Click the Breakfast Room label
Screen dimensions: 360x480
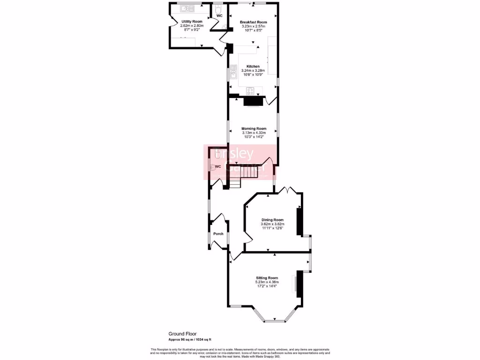[253, 22]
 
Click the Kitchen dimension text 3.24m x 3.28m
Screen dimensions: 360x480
[253, 70]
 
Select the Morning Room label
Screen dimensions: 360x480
[254, 128]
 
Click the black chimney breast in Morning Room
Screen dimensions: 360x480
[253, 100]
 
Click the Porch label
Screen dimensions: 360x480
[218, 233]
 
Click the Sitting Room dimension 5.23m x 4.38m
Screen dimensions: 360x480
[267, 282]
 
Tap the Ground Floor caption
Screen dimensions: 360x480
[182, 334]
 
